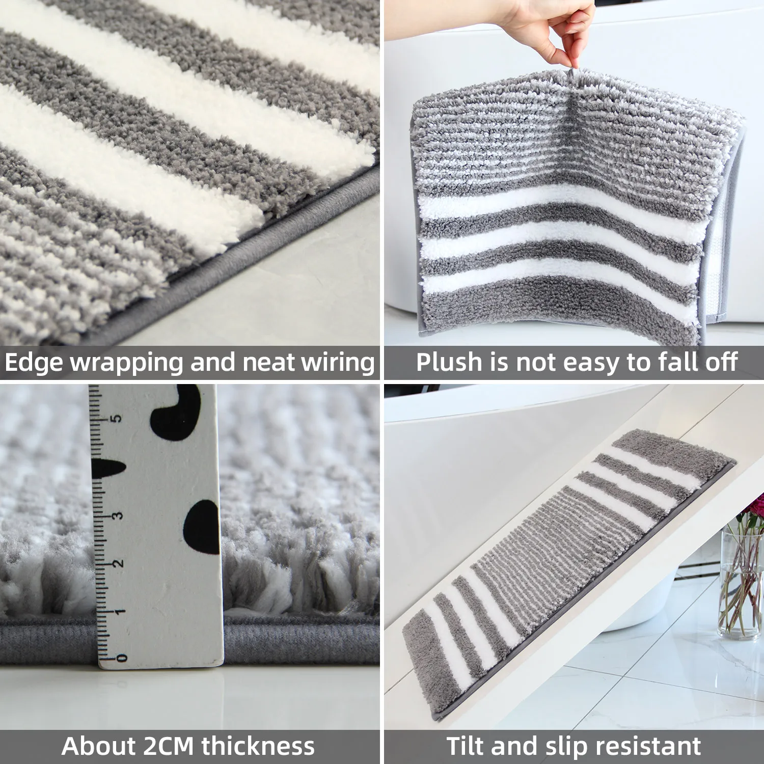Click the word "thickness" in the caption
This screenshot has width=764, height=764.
click(258, 746)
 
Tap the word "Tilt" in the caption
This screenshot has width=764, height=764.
click(465, 746)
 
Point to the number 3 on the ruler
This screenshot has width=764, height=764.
click(118, 515)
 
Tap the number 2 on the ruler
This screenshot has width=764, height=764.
click(118, 564)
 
